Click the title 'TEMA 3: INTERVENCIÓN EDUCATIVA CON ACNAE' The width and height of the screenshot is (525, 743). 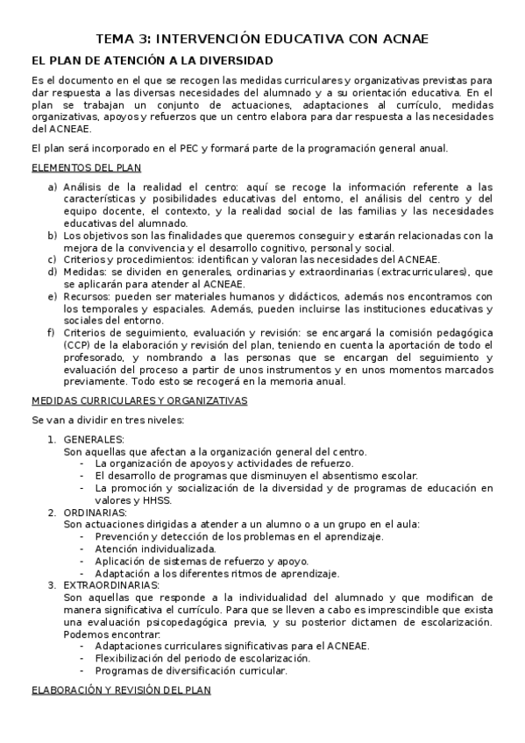pos(262,39)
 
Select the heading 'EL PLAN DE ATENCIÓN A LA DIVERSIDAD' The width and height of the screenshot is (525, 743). pos(152,60)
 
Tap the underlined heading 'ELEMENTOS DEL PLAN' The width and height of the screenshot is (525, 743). pos(86,167)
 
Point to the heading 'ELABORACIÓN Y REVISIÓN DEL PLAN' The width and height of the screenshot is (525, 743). pos(121,690)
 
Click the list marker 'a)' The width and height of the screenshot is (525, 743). pos(53,187)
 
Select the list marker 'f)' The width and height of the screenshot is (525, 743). pos(53,333)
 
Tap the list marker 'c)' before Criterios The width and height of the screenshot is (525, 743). pos(53,259)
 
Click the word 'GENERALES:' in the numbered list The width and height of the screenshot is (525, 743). pos(94,439)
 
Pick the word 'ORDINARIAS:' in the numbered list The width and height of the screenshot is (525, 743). pos(96,512)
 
